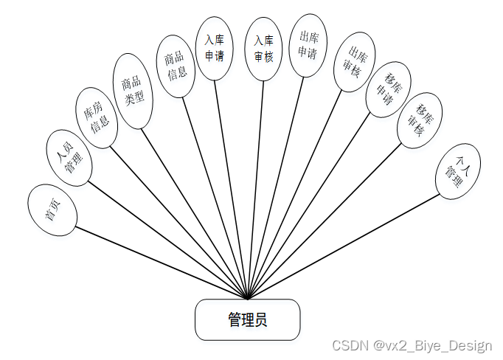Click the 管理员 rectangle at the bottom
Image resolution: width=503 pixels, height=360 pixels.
248,319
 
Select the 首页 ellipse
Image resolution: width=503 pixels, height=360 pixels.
52,210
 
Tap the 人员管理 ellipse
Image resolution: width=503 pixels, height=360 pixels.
69,157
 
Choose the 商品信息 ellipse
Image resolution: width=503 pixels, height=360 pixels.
176,64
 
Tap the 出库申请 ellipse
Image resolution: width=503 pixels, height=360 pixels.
308,44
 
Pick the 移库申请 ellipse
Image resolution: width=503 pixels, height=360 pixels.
389,90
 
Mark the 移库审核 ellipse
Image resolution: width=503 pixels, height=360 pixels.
419,120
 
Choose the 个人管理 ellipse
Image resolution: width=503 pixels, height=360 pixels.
458,170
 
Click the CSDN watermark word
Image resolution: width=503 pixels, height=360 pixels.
347,345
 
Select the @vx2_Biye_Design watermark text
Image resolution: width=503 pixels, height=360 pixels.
431,345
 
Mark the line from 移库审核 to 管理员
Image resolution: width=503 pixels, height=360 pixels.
325,221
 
